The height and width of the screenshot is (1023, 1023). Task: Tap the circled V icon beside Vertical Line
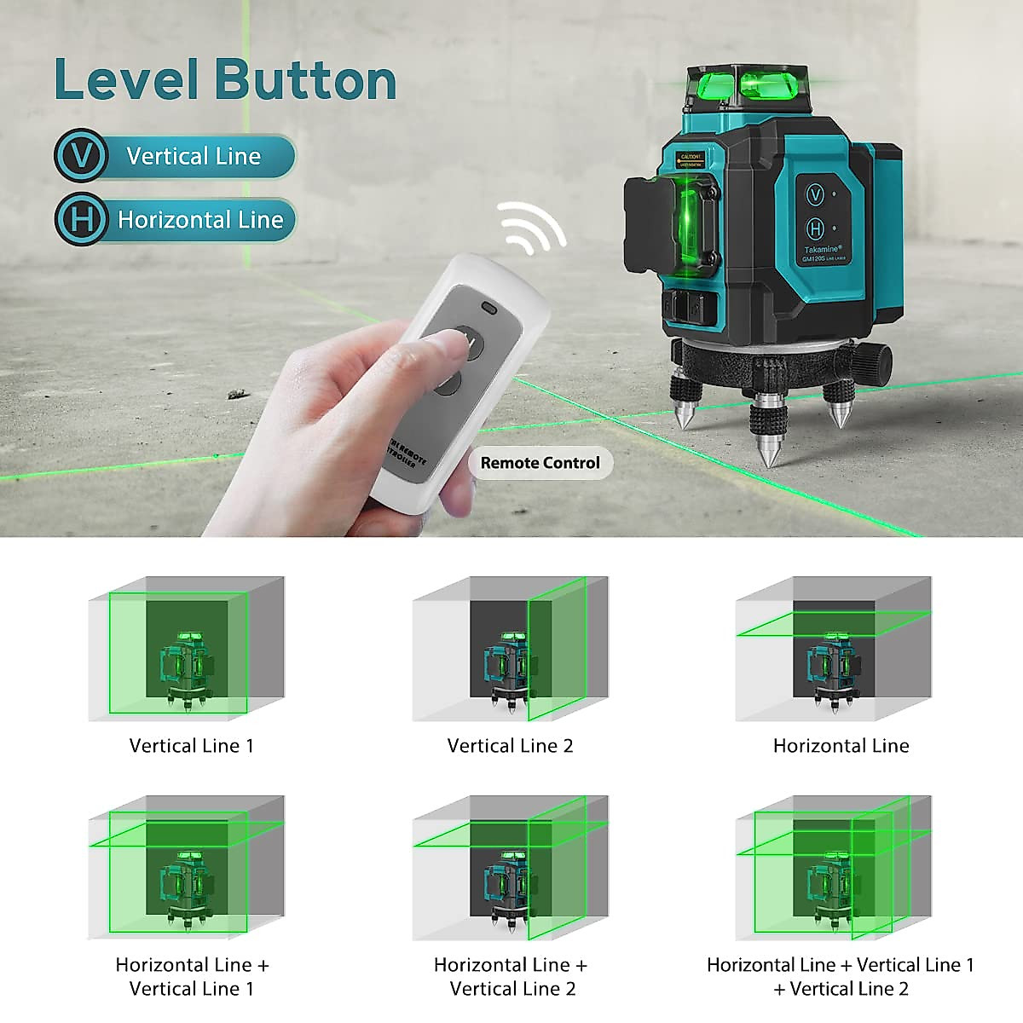click(x=81, y=157)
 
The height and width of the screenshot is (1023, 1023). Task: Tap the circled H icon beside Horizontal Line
click(x=81, y=220)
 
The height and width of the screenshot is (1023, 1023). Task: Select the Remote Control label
click(x=540, y=463)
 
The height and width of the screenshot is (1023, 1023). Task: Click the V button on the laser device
click(x=816, y=195)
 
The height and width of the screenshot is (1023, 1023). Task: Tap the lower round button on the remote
click(x=446, y=383)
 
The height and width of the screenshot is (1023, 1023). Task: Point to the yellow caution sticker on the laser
click(x=691, y=159)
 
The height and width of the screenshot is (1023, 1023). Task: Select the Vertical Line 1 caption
click(x=191, y=746)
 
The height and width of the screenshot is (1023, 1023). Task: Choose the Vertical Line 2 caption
click(x=510, y=746)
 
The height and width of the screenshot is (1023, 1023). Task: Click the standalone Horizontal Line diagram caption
click(x=841, y=746)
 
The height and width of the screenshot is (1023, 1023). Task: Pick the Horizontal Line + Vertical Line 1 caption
click(x=192, y=976)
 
